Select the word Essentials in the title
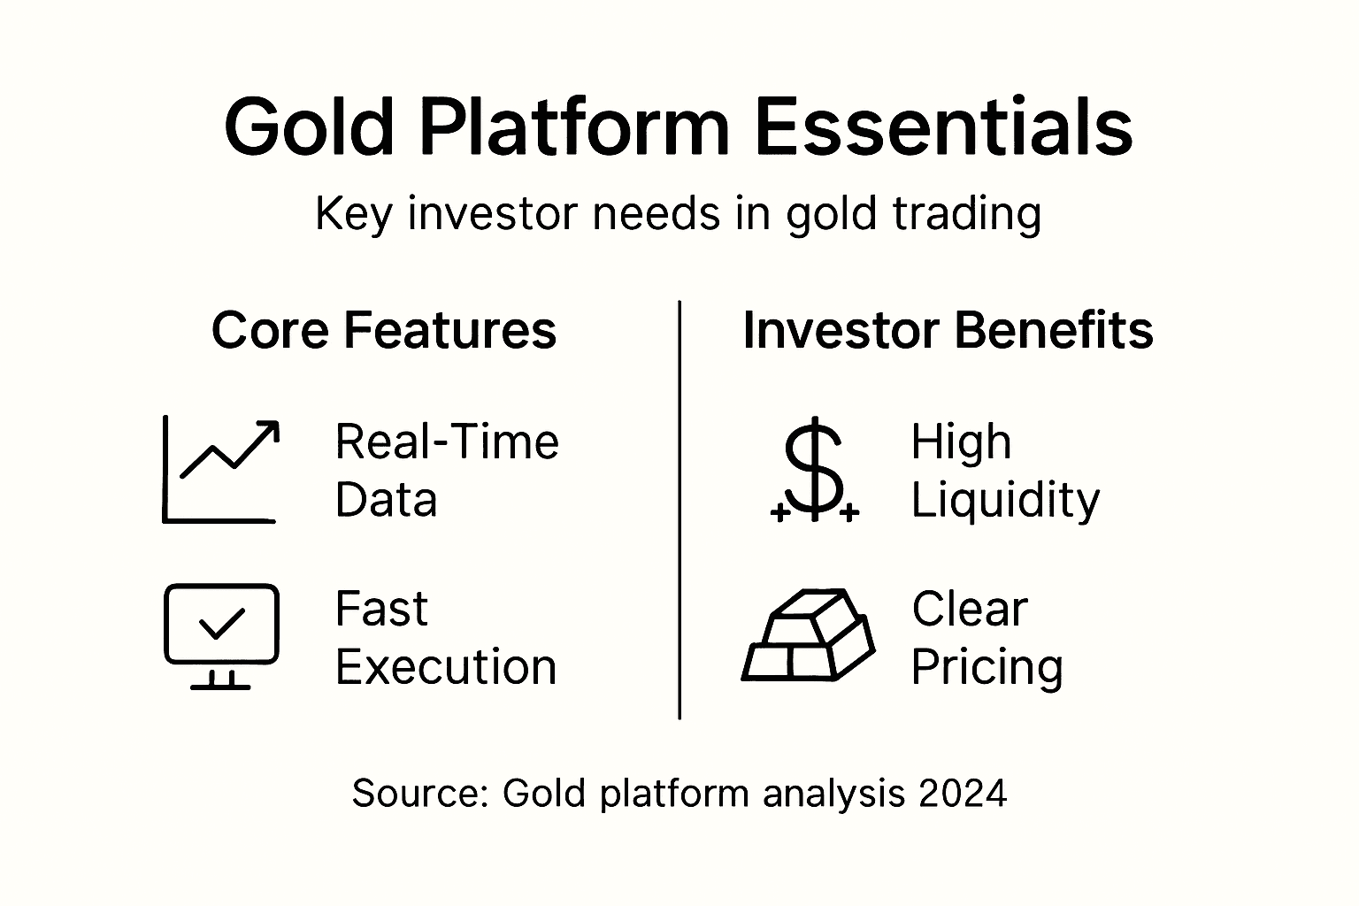pyautogui.click(x=943, y=127)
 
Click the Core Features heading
pyautogui.click(x=384, y=331)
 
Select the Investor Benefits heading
pyautogui.click(x=948, y=331)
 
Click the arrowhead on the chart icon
pyautogui.click(x=269, y=431)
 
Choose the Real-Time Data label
pyautogui.click(x=447, y=470)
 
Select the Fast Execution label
pyautogui.click(x=445, y=638)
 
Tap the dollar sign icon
pyautogui.click(x=814, y=469)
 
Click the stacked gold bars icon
pyautogui.click(x=808, y=635)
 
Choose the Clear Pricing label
pyautogui.click(x=987, y=638)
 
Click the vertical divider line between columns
pyautogui.click(x=679, y=510)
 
